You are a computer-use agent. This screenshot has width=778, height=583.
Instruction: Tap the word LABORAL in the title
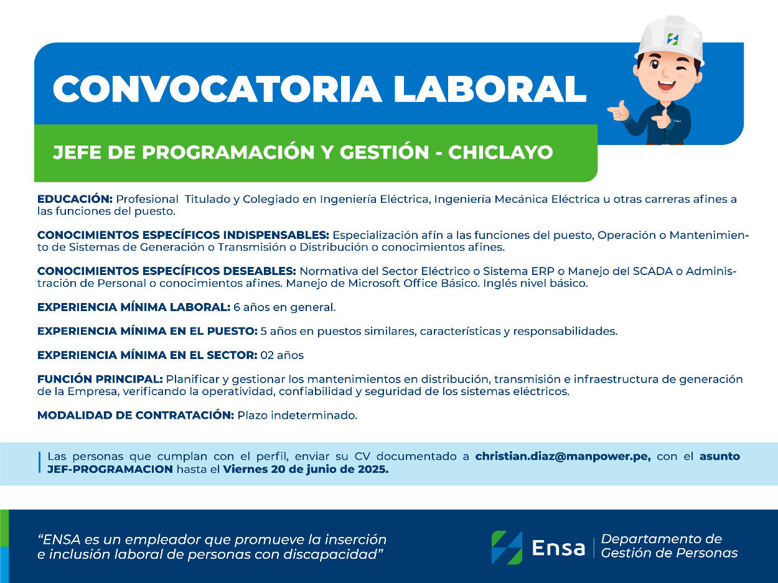coord(489,88)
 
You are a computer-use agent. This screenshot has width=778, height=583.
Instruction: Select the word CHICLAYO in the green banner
coord(500,152)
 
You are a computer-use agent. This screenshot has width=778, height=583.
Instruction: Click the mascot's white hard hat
coord(669,40)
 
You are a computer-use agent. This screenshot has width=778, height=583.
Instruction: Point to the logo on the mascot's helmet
coord(672,39)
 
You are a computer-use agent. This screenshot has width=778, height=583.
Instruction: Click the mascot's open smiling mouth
coord(667,85)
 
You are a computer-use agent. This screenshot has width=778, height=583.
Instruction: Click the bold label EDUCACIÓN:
coord(75,198)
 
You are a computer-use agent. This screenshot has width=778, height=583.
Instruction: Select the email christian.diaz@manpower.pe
coord(563,456)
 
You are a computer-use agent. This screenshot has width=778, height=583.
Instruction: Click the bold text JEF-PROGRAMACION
coord(110,469)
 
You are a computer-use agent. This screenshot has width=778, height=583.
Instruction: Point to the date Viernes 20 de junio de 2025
coord(306,469)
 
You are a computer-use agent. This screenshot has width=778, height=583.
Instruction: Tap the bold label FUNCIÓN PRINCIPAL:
coord(100,379)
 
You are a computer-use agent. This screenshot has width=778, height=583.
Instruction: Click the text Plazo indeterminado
coord(298,415)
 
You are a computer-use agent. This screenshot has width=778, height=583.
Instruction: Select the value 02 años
coord(282,355)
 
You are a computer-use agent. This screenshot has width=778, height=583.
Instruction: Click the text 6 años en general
coord(284,307)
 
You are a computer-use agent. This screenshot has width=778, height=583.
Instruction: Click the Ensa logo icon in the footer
coord(507,548)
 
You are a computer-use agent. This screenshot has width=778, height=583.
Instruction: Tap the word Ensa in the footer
coord(558,548)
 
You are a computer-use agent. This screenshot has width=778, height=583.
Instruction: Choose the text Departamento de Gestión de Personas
coord(669,546)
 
